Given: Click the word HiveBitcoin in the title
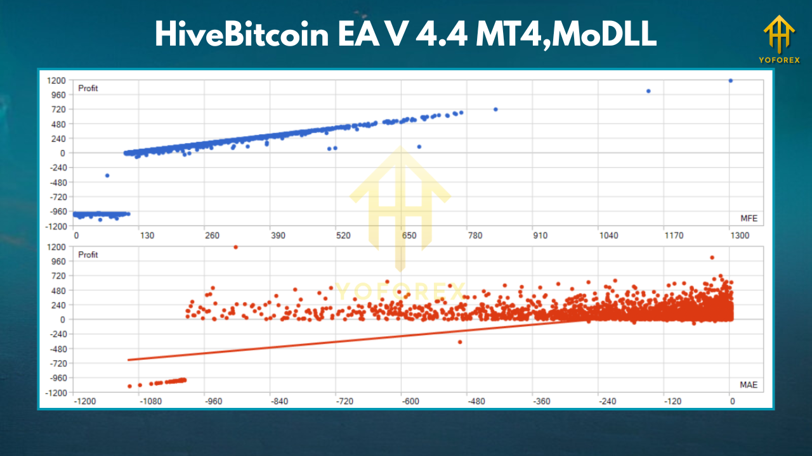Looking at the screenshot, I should click(239, 35).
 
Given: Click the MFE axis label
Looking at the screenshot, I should click(749, 218).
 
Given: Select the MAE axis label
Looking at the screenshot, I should click(749, 384).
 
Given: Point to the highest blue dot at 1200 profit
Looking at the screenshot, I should click(731, 80).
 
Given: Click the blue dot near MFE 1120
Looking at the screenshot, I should click(648, 91).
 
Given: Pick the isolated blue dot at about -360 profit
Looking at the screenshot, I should click(107, 175).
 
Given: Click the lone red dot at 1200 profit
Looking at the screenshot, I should click(236, 247).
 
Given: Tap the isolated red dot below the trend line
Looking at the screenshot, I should click(460, 342).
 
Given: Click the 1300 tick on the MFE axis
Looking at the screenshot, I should click(740, 236).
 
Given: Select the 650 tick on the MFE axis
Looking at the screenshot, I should click(409, 236).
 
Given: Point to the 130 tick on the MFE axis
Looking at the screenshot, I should click(147, 236).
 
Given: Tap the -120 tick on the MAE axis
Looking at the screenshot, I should click(672, 401).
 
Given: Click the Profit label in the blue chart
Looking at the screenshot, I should click(88, 88).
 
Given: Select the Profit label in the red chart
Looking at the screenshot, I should click(88, 255).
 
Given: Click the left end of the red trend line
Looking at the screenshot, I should click(129, 360).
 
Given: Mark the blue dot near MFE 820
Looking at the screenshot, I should click(495, 110).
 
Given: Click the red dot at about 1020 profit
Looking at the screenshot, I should click(712, 258).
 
